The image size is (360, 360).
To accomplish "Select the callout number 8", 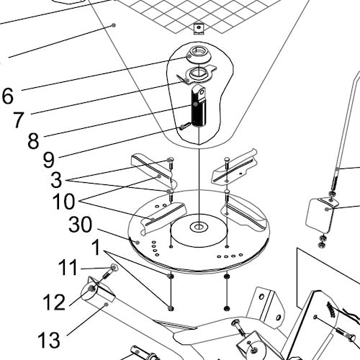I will coord(32,140).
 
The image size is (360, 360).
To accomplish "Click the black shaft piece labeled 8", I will coord(198,112).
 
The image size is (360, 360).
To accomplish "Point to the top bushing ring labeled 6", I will coord(197,53).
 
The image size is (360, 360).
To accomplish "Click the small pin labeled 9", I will coord(185,127).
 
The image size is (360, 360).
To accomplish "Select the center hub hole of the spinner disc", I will coord(197,228).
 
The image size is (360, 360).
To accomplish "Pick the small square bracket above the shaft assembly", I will coord(197,28).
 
